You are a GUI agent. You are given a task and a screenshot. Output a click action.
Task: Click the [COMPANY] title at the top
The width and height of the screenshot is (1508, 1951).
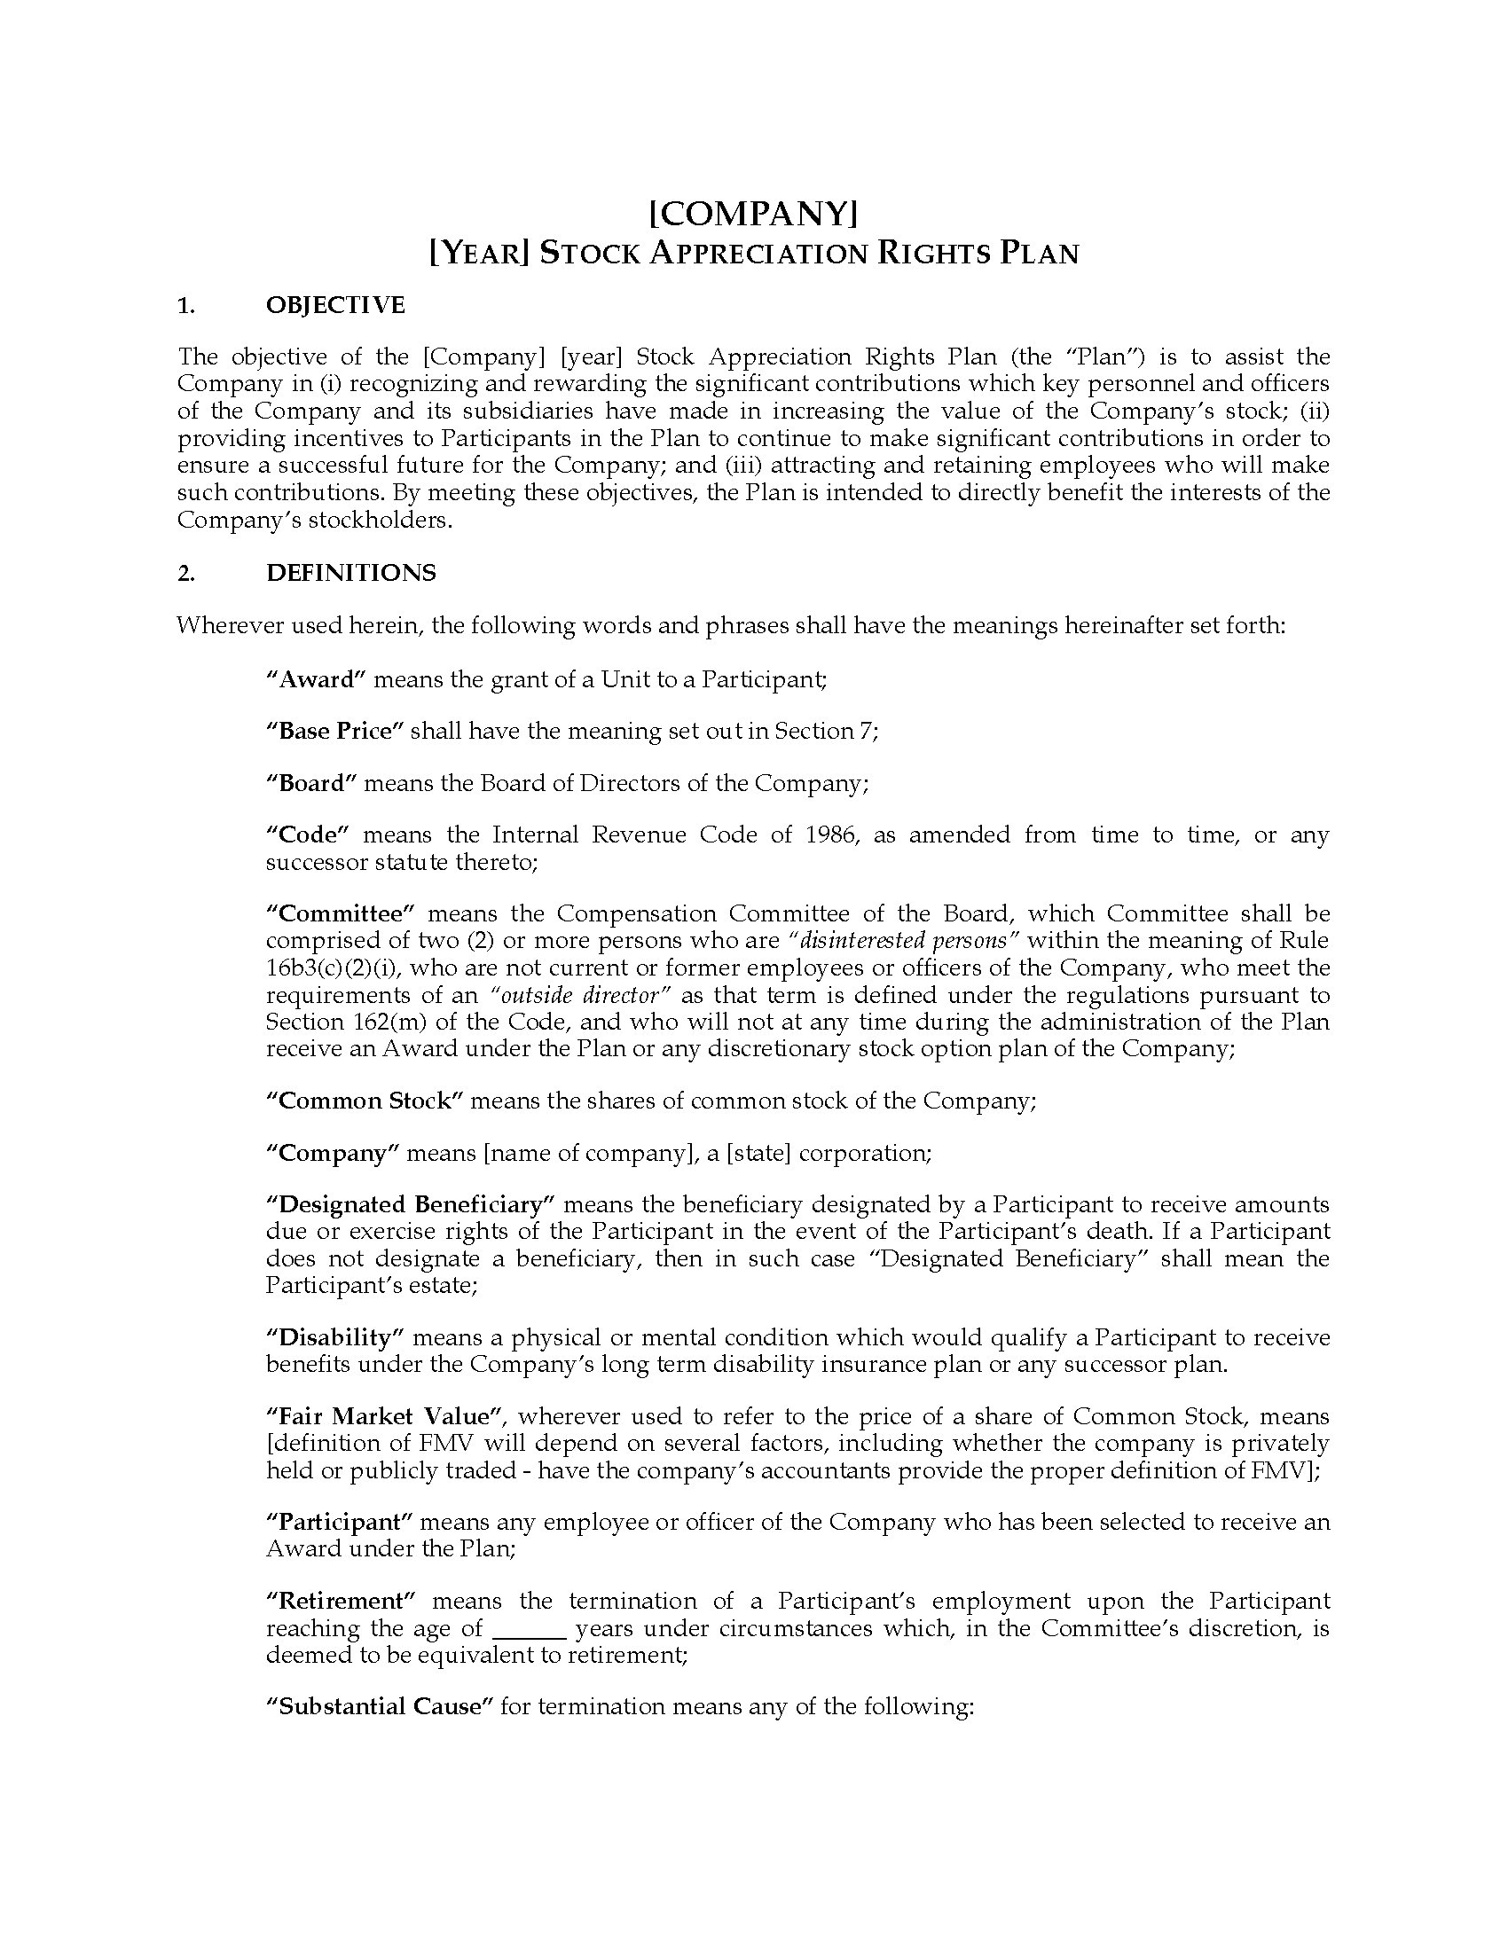[x=753, y=214]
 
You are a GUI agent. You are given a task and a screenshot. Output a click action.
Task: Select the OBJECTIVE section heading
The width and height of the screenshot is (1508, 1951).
[x=335, y=306]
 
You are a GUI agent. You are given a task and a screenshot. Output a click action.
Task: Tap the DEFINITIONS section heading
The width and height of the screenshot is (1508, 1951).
[x=351, y=573]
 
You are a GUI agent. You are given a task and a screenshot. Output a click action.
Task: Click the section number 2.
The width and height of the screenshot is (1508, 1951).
[x=185, y=574]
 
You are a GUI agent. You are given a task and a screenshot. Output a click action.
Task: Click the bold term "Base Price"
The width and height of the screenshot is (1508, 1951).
[x=335, y=731]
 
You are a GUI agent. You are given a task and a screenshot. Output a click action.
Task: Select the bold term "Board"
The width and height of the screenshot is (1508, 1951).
[x=311, y=783]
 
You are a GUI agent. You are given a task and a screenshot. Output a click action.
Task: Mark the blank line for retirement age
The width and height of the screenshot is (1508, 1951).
[x=530, y=1628]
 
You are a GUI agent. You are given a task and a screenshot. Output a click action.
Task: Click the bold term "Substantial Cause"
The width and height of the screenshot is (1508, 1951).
[x=380, y=1707]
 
